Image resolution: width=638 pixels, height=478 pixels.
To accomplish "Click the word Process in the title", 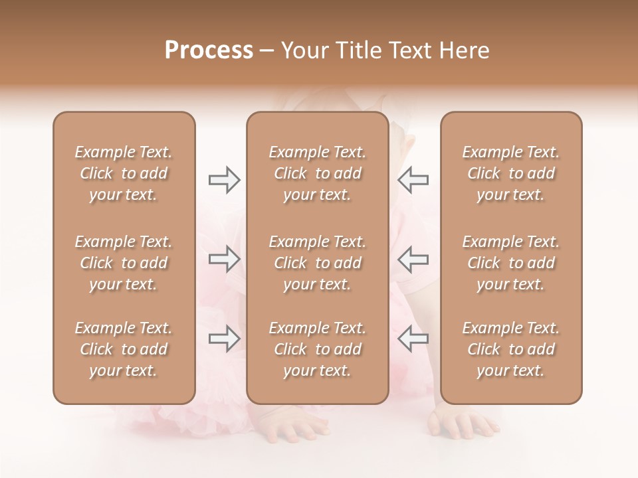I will click(209, 50).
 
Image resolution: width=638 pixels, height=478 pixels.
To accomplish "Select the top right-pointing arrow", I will click(224, 180).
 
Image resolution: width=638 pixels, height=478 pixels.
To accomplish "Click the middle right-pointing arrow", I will click(224, 259).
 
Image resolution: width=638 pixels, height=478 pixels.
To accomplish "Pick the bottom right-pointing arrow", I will click(224, 339).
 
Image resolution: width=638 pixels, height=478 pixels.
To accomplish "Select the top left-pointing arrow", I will click(413, 180).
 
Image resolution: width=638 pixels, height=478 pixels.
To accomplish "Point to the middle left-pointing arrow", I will click(413, 259).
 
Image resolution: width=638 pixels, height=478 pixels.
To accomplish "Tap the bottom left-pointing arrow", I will click(413, 339).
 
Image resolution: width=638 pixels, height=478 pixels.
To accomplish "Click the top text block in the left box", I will click(124, 173).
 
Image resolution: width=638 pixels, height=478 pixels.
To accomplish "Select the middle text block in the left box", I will click(124, 263).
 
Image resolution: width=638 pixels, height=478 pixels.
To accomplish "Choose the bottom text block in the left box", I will click(124, 349).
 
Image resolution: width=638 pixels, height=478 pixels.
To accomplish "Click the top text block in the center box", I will click(317, 173).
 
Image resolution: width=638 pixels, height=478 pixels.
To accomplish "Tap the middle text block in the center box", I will click(317, 263).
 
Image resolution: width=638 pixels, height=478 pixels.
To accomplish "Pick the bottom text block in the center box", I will click(317, 349).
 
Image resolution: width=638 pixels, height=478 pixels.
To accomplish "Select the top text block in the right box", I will click(510, 173).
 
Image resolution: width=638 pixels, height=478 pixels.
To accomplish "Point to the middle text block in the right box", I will click(510, 263).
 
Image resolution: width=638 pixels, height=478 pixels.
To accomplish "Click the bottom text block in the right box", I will click(510, 349).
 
